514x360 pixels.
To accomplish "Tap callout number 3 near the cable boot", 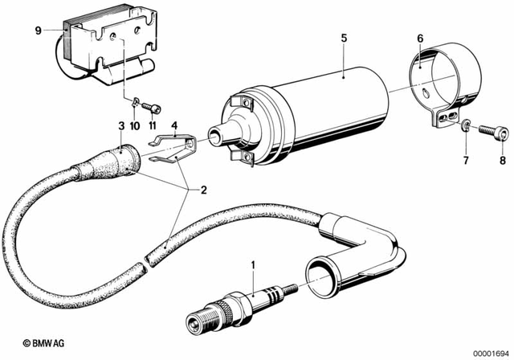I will tap(121, 126).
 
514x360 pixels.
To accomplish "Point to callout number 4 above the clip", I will tap(175, 125).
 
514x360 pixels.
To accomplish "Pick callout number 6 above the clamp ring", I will tap(420, 37).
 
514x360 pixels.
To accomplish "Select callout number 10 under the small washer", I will tap(134, 127).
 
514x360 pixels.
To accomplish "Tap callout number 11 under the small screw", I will tap(151, 127).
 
